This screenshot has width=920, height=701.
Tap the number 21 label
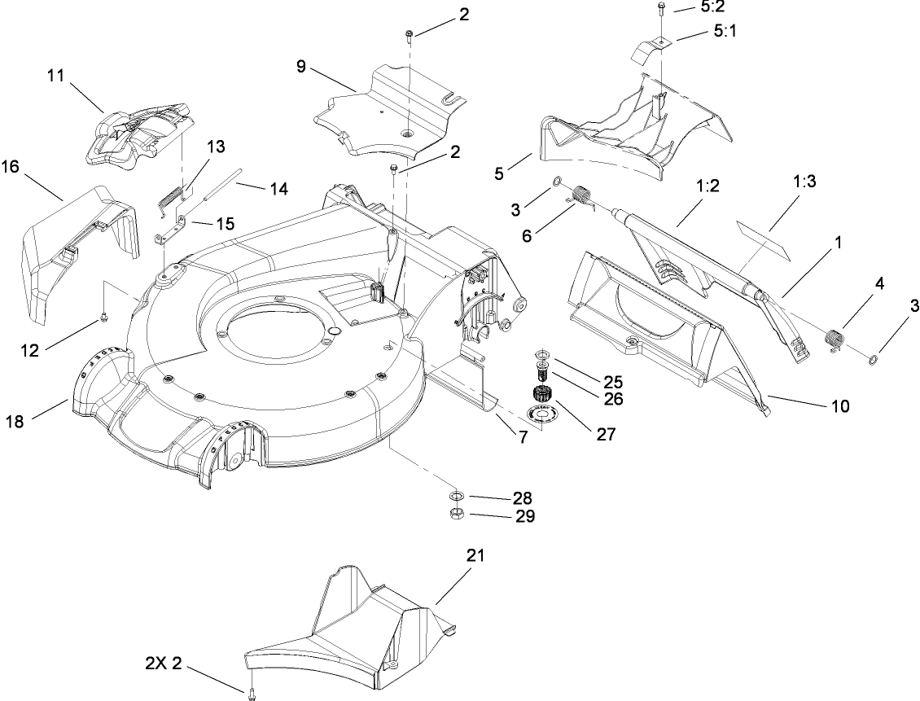475,555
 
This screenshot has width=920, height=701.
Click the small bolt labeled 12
103,315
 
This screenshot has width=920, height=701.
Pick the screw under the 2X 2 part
251,693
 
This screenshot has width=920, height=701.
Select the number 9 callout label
301,66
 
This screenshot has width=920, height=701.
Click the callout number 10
840,405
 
